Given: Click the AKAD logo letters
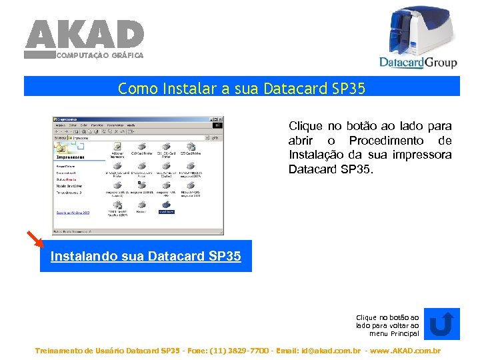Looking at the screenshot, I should (x=84, y=34).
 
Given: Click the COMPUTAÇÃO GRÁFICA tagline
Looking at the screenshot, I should (x=99, y=55).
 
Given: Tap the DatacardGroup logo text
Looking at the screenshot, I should (x=418, y=62).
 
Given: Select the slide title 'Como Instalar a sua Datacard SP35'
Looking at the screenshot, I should (x=241, y=88).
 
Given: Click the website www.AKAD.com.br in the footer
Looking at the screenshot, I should (x=407, y=351).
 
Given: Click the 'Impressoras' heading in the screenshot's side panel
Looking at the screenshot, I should (x=71, y=157).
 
